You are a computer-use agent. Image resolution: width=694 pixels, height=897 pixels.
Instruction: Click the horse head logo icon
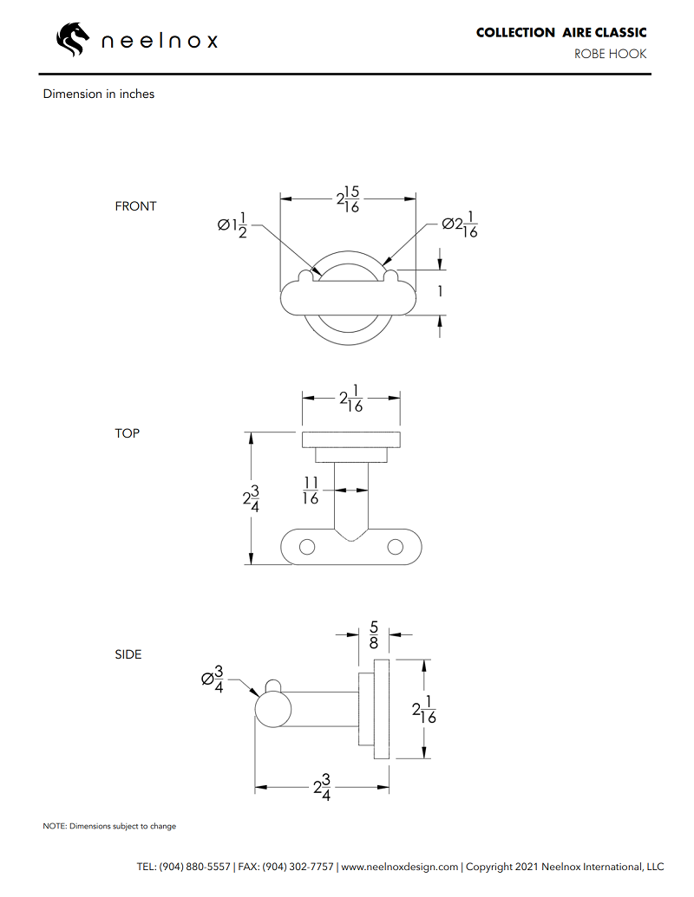click(73, 39)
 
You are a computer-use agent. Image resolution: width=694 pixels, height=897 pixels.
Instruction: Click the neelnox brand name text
click(160, 41)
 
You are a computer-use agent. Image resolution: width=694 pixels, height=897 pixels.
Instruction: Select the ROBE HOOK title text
click(610, 54)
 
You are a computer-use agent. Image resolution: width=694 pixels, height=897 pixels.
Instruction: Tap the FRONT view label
click(135, 206)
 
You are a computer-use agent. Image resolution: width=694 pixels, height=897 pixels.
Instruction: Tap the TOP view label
click(127, 432)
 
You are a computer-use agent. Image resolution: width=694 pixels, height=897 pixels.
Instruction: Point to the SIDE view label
click(128, 654)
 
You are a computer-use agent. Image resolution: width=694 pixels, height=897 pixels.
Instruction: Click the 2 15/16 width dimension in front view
click(348, 199)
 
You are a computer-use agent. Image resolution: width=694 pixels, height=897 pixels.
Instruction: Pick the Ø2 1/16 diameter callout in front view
click(459, 224)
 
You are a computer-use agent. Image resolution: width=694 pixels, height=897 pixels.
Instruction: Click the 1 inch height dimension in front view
click(440, 292)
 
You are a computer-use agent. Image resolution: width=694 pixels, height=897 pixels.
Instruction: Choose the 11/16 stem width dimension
click(311, 490)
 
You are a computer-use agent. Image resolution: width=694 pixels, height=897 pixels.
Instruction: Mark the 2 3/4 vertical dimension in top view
click(251, 500)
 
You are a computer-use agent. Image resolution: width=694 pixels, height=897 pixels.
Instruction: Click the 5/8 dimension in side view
click(374, 634)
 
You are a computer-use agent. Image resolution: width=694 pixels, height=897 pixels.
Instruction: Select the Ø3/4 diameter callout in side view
click(213, 679)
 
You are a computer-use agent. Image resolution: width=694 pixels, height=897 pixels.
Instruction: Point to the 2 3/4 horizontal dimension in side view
click(321, 788)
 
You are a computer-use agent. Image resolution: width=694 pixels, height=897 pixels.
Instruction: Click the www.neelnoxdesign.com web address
click(399, 867)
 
